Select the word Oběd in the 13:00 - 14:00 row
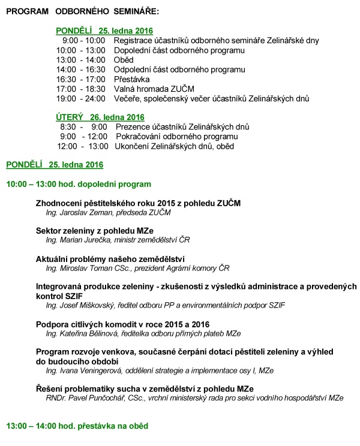pyautogui.click(x=123, y=60)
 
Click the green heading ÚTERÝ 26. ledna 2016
pyautogui.click(x=100, y=117)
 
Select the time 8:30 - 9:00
pyautogui.click(x=83, y=126)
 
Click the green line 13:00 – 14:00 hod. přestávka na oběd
pyautogui.click(x=77, y=426)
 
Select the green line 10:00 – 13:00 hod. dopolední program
pyautogui.click(x=79, y=184)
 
